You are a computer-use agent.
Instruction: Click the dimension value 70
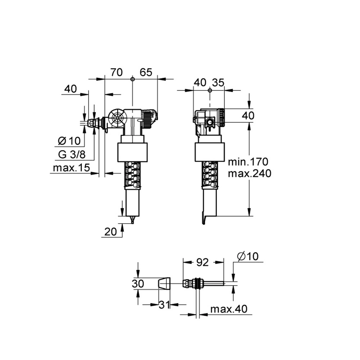116,72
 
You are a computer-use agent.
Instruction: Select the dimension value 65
146,72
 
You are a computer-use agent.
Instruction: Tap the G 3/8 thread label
72,155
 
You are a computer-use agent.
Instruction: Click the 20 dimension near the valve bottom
110,232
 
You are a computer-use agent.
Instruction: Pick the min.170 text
248,161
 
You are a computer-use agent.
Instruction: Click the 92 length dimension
202,262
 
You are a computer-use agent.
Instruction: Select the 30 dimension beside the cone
138,284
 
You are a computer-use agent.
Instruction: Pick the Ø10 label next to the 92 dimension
248,257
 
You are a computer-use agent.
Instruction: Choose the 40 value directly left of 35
201,82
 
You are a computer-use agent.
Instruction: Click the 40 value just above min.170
248,116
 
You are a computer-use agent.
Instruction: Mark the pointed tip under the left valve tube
132,220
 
